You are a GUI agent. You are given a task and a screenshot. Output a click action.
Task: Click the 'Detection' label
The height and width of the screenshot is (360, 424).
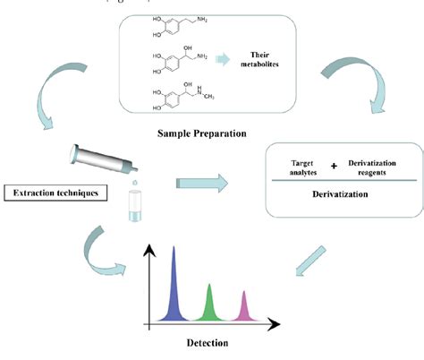208,342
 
